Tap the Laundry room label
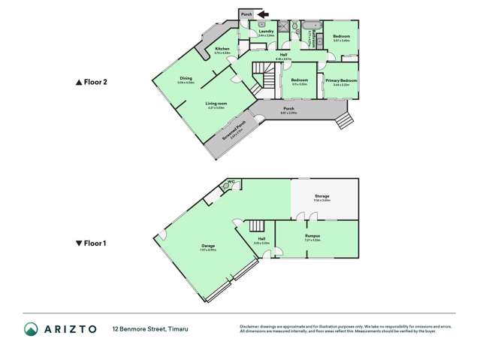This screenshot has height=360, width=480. click(x=266, y=31)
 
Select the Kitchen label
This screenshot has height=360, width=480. click(x=222, y=49)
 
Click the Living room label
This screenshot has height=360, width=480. click(x=217, y=104)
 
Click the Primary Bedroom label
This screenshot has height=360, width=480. click(x=341, y=80)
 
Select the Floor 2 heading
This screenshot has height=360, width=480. click(x=94, y=82)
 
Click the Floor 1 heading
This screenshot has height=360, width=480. click(x=94, y=244)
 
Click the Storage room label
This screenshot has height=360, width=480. click(x=322, y=196)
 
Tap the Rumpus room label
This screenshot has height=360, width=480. click(x=312, y=236)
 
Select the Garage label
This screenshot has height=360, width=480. click(x=207, y=246)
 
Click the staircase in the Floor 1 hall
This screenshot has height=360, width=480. click(x=257, y=225)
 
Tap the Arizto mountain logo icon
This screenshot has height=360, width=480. click(x=31, y=328)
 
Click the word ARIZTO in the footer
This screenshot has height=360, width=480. click(x=70, y=328)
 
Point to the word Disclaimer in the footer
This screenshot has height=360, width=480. click(x=250, y=326)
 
